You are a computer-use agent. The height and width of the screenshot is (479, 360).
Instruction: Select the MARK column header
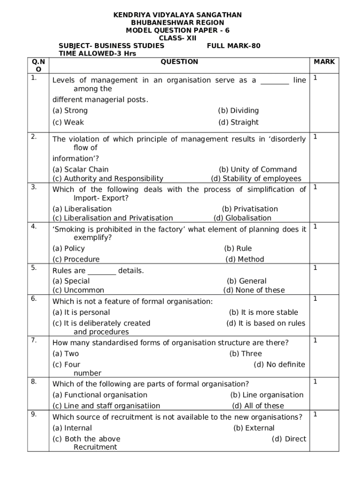(x=324, y=62)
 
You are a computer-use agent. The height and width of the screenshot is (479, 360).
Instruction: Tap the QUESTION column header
(x=179, y=62)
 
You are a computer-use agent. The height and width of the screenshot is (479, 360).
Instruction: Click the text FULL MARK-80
(x=233, y=46)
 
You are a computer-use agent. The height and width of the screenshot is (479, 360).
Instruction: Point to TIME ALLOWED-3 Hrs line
(x=94, y=54)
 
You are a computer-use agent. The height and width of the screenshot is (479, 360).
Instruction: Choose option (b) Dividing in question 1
(x=238, y=111)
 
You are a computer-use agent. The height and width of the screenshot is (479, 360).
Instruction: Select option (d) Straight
(x=238, y=123)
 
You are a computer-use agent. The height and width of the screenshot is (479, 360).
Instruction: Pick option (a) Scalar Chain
(x=80, y=169)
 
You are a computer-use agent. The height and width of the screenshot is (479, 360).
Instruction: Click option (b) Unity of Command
(x=258, y=169)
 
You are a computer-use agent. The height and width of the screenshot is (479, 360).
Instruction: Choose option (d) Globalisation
(x=242, y=218)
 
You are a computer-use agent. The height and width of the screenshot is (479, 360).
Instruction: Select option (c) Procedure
(x=76, y=259)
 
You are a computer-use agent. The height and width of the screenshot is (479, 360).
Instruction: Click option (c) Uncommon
(x=78, y=290)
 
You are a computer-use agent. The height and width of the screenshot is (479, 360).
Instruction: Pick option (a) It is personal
(x=81, y=312)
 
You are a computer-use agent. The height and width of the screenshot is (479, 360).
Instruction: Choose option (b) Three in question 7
(x=245, y=354)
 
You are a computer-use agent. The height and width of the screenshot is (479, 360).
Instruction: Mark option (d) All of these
(x=258, y=406)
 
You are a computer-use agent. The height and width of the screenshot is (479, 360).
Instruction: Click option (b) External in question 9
(x=254, y=428)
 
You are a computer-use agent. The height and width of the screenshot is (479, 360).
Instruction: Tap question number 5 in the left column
(x=34, y=268)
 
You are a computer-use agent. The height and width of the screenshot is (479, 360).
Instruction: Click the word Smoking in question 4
(x=69, y=229)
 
